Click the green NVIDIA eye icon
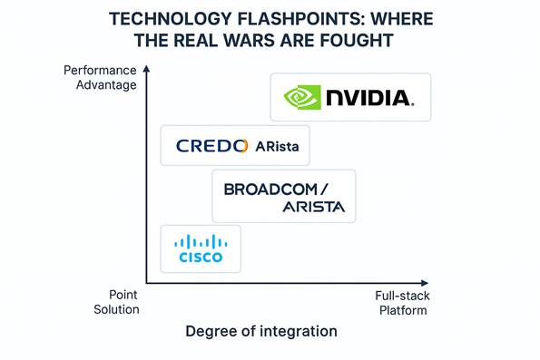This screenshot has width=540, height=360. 302,97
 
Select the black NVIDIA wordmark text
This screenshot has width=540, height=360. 370,98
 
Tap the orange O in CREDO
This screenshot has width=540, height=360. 241,145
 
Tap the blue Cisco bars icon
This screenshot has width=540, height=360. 201,242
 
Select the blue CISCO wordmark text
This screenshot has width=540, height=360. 201,258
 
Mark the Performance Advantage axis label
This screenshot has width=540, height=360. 102,77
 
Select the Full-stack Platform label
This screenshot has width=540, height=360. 400,302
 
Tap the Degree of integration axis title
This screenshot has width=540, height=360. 261,331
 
